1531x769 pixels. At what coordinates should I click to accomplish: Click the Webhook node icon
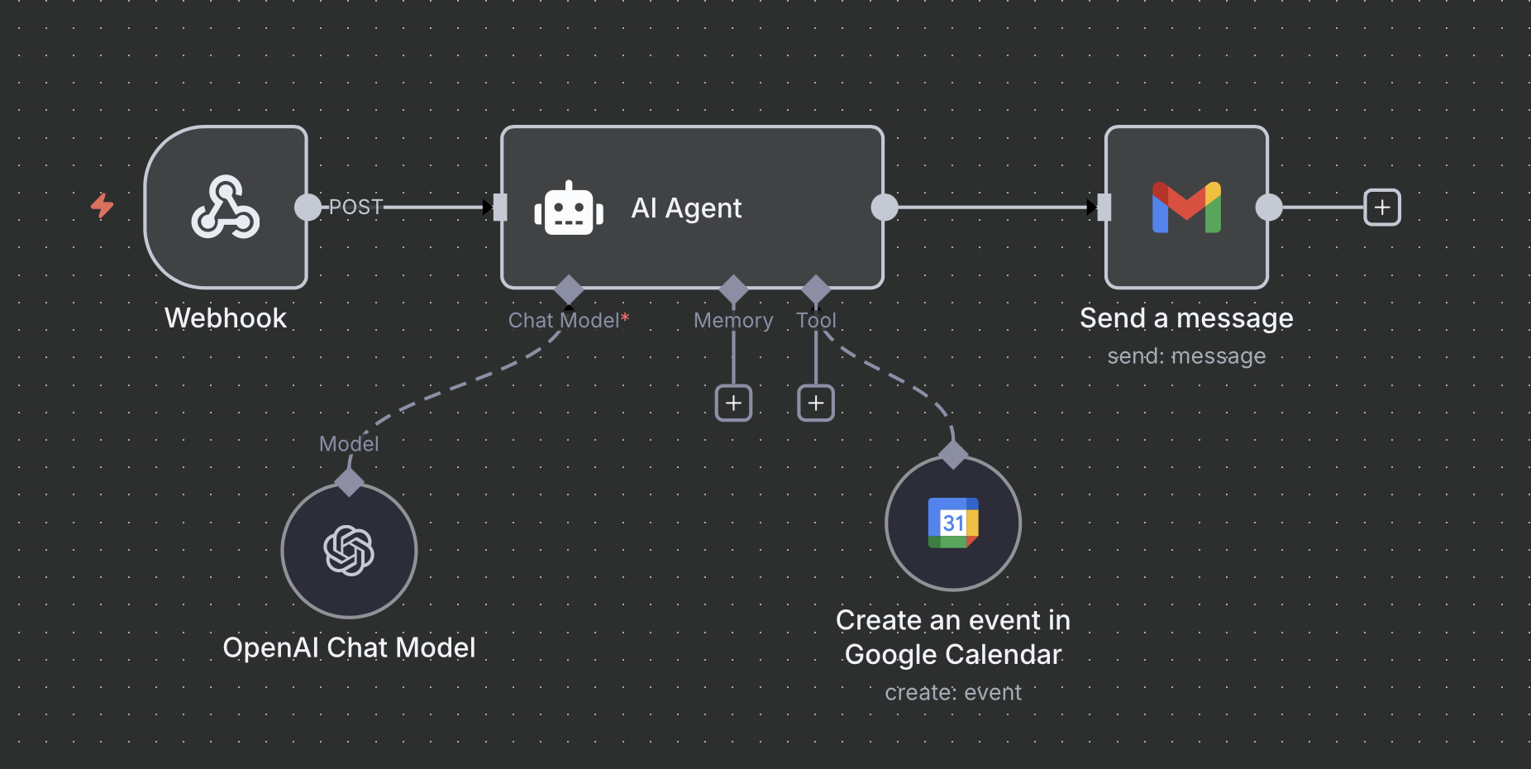pos(226,207)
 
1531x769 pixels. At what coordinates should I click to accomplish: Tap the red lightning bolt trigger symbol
pos(102,205)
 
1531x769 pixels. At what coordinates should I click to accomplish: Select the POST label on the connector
pos(355,207)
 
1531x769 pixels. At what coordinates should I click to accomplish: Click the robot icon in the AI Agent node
pos(569,208)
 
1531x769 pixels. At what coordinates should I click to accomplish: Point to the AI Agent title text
pos(686,208)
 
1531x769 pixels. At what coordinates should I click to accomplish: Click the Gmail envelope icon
pos(1186,207)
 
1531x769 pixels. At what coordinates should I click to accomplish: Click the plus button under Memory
pos(733,403)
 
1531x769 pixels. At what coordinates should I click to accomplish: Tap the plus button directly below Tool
pos(816,403)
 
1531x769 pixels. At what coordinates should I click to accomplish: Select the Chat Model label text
pos(564,320)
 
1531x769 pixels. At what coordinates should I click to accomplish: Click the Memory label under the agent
pos(733,320)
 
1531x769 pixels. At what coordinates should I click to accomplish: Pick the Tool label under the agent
pos(816,320)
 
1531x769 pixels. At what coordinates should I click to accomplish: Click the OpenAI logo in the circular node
pos(349,551)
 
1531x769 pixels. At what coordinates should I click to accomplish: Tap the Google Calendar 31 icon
pos(953,523)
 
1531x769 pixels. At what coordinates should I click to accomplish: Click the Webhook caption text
pos(226,318)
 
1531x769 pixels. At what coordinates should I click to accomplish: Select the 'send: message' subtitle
pos(1186,356)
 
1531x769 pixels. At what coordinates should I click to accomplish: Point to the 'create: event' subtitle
pos(953,692)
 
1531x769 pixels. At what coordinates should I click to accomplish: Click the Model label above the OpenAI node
pos(349,444)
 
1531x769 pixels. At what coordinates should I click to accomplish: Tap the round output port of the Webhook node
pos(308,207)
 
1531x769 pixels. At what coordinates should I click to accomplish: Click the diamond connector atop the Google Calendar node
pos(953,454)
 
